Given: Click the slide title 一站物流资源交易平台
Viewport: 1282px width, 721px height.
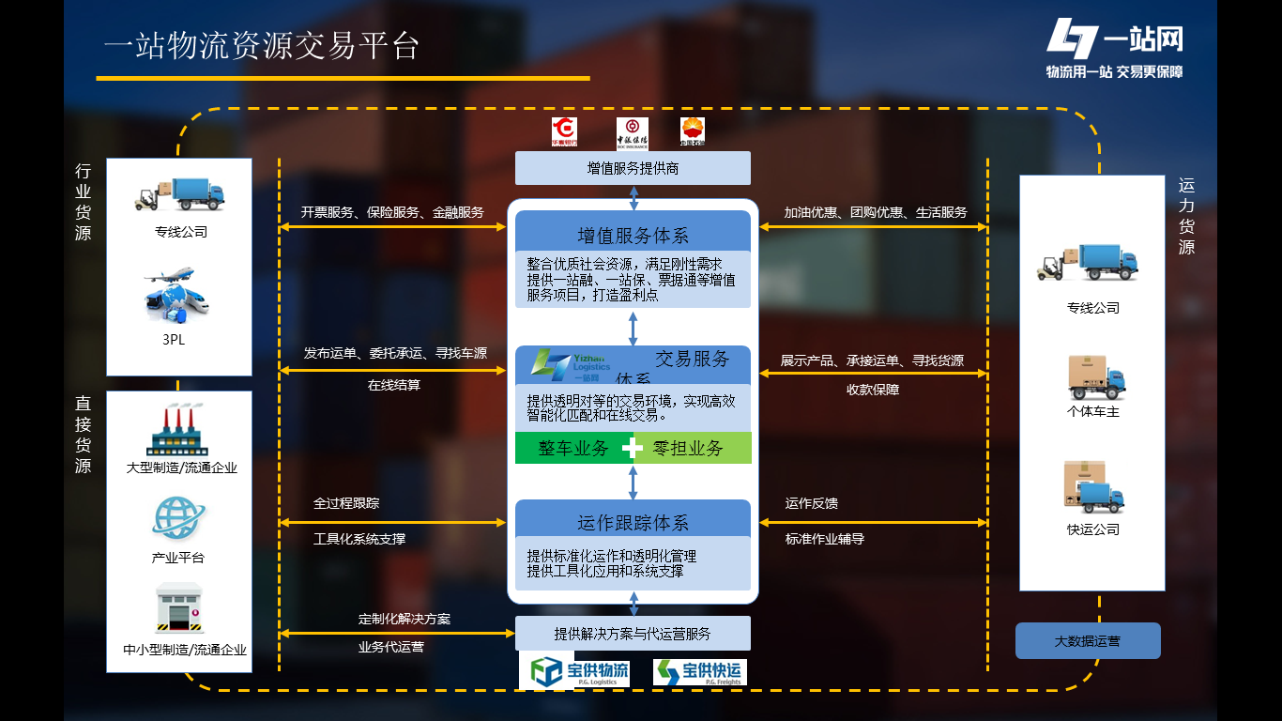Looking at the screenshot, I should tap(262, 46).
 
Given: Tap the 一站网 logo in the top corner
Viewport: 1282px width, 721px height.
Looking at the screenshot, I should tap(1114, 47).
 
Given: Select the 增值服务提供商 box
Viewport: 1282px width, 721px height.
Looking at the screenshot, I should tap(633, 169).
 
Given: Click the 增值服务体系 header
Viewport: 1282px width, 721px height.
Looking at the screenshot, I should tap(633, 236).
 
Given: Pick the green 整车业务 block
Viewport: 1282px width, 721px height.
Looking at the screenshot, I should tap(572, 449).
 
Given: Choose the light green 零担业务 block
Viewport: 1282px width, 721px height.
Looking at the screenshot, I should tap(689, 449).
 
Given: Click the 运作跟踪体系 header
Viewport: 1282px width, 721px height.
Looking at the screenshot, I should tap(633, 523).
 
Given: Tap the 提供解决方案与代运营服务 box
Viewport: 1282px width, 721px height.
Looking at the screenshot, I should tap(633, 634).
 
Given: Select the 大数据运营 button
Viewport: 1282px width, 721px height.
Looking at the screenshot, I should tap(1087, 641).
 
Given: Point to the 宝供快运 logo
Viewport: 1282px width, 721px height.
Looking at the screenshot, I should tap(698, 672).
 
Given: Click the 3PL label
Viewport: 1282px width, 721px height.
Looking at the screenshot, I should tap(174, 340).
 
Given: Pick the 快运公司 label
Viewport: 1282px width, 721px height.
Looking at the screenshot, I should tap(1093, 529).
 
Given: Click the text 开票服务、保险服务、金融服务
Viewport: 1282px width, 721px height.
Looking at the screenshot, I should tap(392, 213).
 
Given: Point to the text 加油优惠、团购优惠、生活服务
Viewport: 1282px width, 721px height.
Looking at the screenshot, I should tap(876, 213).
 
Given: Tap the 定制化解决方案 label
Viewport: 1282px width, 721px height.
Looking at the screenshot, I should tap(404, 620).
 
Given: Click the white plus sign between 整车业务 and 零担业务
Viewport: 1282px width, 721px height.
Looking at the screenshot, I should tap(633, 449).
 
